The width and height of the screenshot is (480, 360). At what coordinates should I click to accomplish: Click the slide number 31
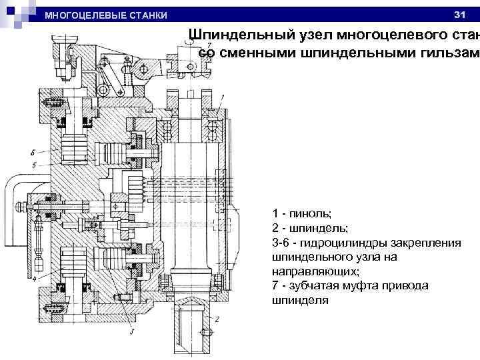coord(458,14)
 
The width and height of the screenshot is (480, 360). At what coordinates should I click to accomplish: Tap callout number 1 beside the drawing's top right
coord(222,97)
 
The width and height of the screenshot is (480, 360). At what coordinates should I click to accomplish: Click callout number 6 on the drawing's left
coord(33,152)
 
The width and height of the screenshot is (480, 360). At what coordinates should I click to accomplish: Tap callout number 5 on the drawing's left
coord(33,163)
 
